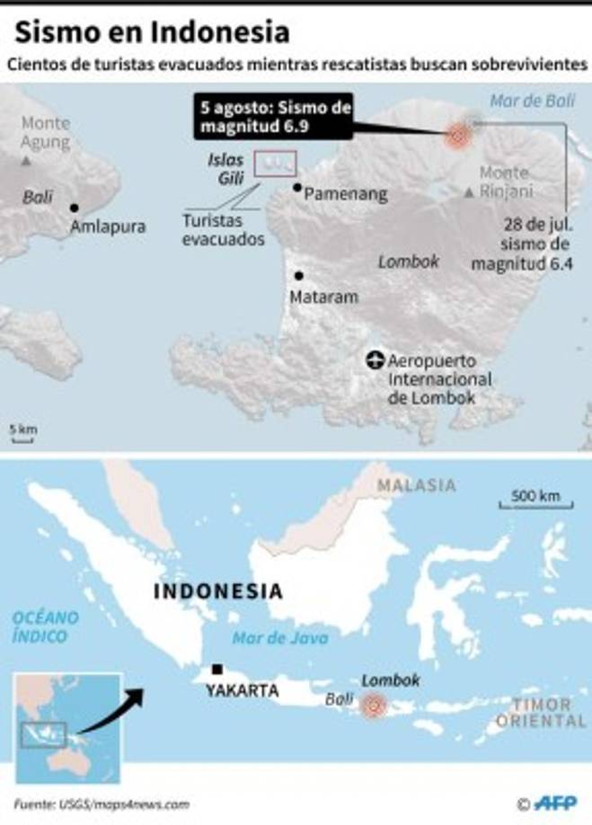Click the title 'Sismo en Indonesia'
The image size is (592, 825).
(153, 32)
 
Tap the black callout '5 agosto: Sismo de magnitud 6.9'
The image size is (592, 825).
(273, 118)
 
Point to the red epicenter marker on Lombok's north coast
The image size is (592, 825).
(458, 137)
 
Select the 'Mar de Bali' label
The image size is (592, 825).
(532, 101)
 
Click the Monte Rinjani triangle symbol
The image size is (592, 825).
(469, 191)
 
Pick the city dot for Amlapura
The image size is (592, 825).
(74, 208)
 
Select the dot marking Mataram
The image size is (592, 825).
(298, 276)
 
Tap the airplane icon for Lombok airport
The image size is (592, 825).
(376, 360)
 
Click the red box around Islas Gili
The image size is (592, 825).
(276, 164)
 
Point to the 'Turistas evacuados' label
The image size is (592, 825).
(223, 229)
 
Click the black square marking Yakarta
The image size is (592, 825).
(217, 669)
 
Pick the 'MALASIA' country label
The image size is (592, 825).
(416, 485)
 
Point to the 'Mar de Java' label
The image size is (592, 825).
(279, 638)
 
